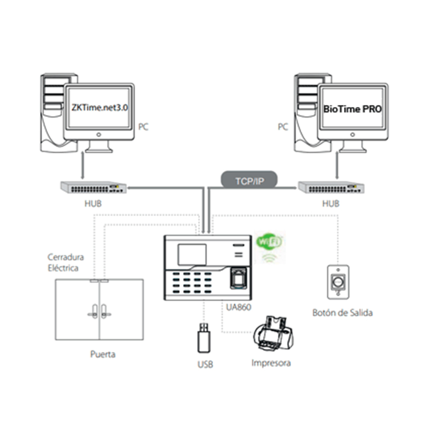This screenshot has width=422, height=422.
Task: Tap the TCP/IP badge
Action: [x=249, y=181]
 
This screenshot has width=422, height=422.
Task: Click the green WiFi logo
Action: [x=269, y=242]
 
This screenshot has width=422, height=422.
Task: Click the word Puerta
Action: [x=102, y=354]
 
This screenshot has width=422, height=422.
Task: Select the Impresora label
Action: [x=271, y=363]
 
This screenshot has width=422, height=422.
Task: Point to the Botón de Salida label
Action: [x=342, y=313]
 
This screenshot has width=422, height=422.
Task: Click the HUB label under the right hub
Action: [x=330, y=203]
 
